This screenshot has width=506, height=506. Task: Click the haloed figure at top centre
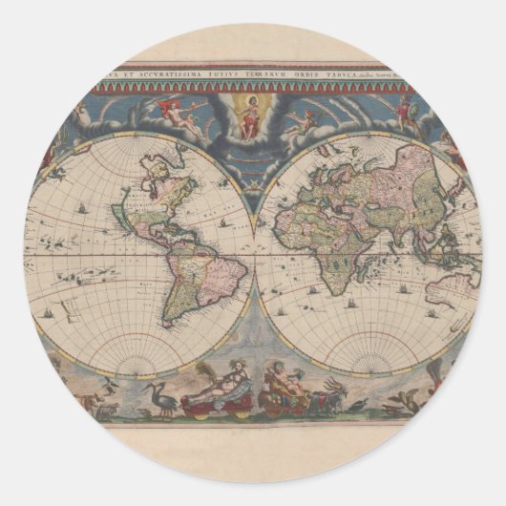[x=252, y=115]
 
